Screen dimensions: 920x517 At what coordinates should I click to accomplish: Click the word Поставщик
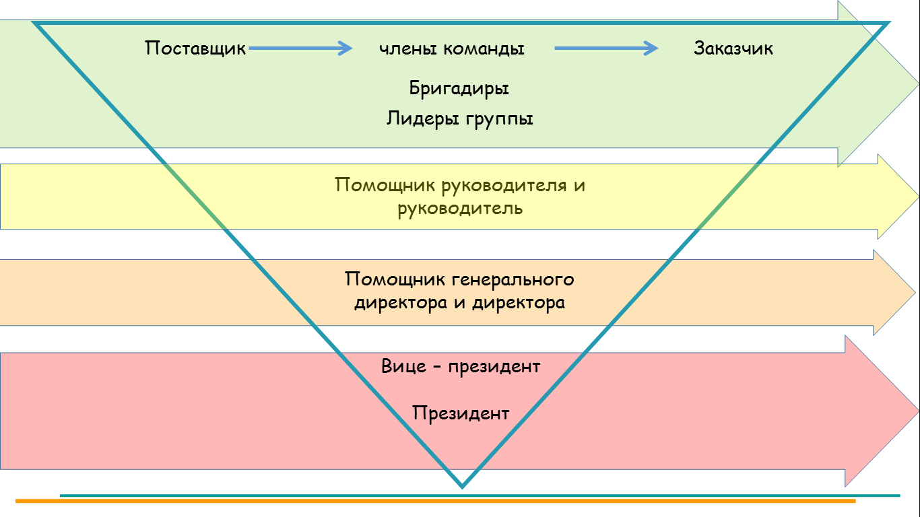point(195,48)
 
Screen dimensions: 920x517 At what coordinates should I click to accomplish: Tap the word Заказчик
point(733,48)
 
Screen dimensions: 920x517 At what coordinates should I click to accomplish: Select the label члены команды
point(451,48)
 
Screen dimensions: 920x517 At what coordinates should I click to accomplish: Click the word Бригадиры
point(459,88)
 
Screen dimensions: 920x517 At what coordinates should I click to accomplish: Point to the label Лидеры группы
point(459,119)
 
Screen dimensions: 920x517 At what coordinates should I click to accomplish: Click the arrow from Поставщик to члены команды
point(300,48)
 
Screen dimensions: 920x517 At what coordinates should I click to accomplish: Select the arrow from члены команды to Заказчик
point(606,48)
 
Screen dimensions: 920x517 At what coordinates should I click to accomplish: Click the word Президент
point(461,413)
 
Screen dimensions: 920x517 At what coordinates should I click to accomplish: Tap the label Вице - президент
point(461,366)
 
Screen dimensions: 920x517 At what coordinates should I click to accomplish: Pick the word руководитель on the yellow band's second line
point(460,209)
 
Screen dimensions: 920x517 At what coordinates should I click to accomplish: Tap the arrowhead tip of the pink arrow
point(919,411)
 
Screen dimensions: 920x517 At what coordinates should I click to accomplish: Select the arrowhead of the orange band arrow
point(894,292)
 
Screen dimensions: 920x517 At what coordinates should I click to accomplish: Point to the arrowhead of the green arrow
point(878,83)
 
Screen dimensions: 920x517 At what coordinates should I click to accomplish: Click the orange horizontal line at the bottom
point(435,501)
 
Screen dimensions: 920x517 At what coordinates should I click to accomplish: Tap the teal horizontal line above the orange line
point(480,495)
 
